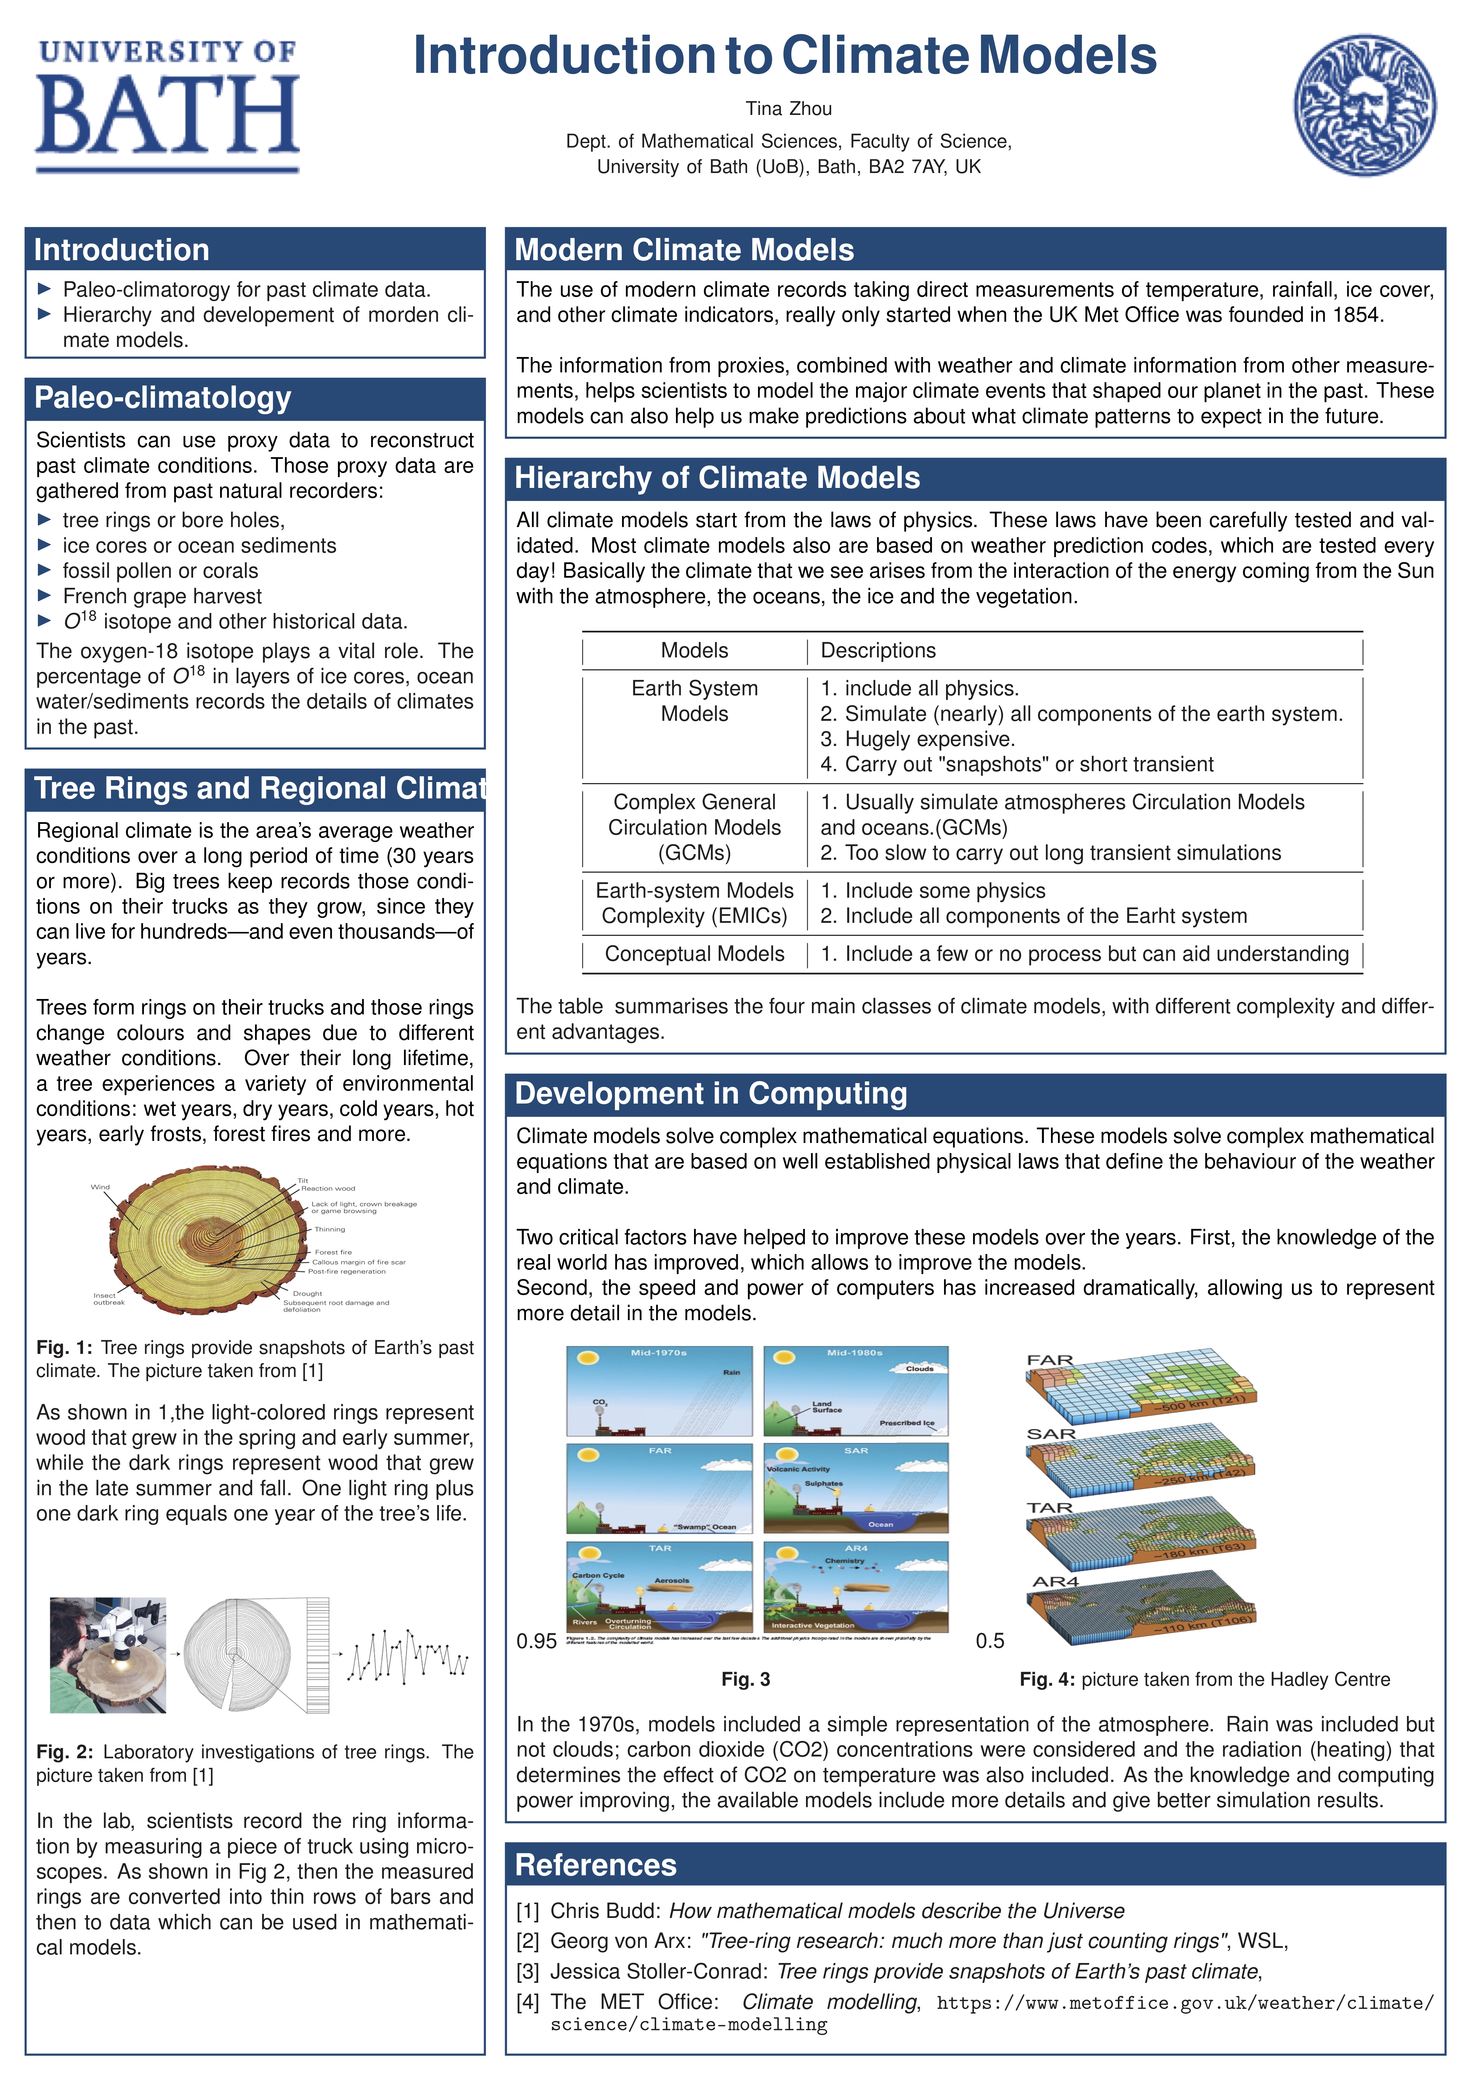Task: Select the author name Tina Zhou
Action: (788, 109)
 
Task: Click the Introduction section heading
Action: (121, 250)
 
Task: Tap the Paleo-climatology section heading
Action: (163, 398)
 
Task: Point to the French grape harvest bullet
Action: (162, 596)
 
